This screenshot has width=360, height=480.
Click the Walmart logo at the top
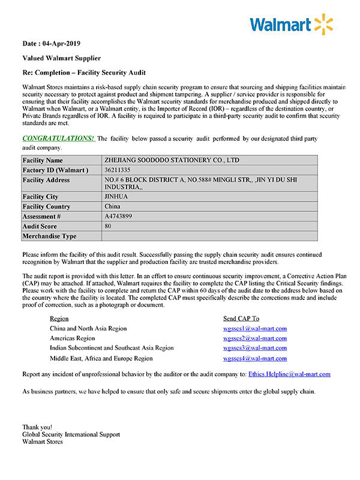point(291,25)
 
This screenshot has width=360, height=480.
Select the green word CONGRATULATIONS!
point(58,139)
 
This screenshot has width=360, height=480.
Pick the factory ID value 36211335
point(117,170)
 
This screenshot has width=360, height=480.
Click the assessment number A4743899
point(118,216)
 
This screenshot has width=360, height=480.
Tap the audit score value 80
point(108,226)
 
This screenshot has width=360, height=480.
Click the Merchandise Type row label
point(49,236)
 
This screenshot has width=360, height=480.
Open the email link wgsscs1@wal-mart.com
point(255,328)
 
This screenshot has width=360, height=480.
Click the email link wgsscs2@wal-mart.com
point(255,338)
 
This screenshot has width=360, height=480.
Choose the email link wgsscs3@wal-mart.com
point(255,348)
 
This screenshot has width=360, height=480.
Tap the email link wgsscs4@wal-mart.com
point(255,358)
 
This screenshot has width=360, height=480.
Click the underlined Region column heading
point(59,319)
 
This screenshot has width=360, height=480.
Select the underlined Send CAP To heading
point(241,319)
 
